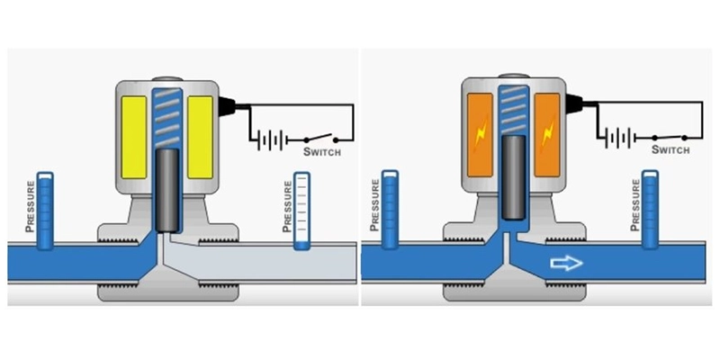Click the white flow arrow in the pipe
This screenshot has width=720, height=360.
coord(566,263)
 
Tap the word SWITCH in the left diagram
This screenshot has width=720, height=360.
coord(322,151)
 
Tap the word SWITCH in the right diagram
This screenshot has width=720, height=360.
coord(670,149)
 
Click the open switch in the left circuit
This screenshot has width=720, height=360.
coord(321,138)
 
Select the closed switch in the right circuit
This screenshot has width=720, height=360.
coord(670,138)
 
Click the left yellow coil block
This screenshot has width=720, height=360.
coord(133,137)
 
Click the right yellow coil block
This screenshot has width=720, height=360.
coord(200,137)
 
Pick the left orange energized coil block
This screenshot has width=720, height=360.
coord(480,134)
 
